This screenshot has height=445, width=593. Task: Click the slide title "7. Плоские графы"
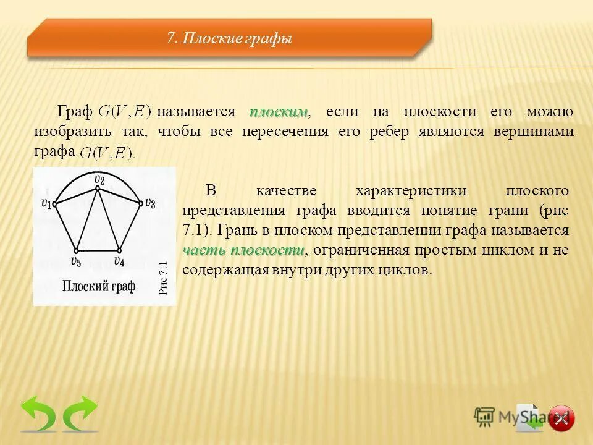click(x=229, y=39)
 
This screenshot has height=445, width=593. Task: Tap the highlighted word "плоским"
click(x=279, y=112)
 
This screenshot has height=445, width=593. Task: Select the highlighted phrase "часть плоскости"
click(x=243, y=250)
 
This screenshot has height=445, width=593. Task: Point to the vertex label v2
click(x=99, y=179)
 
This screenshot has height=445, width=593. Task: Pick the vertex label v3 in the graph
click(x=150, y=203)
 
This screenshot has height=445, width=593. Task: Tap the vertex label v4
click(x=119, y=261)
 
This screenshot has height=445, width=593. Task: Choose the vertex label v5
click(x=75, y=262)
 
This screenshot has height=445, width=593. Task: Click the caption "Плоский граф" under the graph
click(x=98, y=286)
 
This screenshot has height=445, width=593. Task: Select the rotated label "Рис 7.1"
click(x=164, y=278)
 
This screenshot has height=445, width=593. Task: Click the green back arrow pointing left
click(x=38, y=413)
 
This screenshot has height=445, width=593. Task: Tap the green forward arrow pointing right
click(x=80, y=413)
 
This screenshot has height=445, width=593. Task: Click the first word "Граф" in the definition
click(x=75, y=112)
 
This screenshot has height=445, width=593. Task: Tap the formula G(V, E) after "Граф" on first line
click(x=125, y=112)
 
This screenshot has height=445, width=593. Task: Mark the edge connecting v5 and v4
click(x=97, y=250)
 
